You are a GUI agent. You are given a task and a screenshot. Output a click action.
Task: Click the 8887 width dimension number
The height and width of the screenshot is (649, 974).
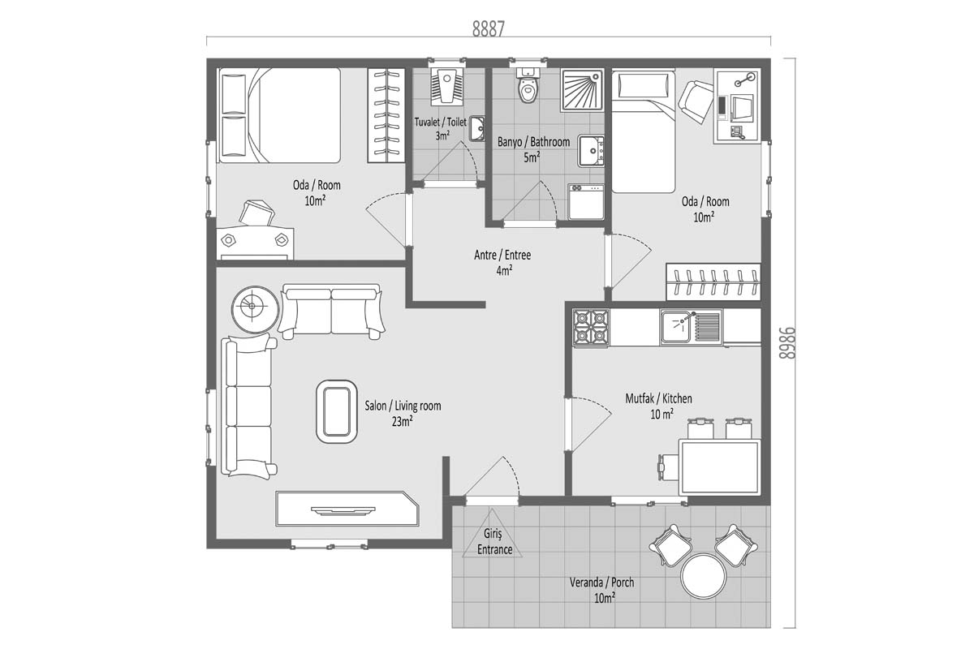(489, 28)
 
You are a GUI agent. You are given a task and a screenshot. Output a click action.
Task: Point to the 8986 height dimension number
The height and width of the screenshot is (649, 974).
(787, 343)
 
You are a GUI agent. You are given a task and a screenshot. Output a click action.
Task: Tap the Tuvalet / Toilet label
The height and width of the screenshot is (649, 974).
(440, 122)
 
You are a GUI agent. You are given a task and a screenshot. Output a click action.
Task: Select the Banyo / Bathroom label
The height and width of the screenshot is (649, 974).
(533, 142)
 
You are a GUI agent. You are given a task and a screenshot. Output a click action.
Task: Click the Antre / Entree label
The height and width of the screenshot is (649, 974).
(502, 255)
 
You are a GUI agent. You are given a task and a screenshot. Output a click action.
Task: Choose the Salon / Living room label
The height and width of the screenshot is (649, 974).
(403, 406)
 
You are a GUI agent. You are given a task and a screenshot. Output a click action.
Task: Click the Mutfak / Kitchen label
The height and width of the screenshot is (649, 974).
(658, 398)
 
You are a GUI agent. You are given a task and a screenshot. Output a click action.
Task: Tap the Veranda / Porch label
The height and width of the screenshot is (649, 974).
(601, 582)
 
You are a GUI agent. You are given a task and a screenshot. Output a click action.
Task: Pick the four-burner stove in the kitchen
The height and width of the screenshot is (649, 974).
(591, 328)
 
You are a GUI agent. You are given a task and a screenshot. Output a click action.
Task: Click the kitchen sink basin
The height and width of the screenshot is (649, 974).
(675, 327)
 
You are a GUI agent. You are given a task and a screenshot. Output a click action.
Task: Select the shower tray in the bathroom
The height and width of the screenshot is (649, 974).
(582, 89)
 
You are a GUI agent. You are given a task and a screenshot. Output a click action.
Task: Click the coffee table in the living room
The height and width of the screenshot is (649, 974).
(337, 411)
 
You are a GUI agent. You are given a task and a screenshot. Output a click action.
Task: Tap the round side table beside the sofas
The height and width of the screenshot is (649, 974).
(254, 309)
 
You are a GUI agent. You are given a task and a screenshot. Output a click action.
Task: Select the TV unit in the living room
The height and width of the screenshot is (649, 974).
(347, 509)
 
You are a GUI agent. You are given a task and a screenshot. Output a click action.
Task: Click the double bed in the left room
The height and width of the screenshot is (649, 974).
(279, 115)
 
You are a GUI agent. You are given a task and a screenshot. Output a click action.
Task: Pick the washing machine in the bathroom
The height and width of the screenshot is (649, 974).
(586, 201)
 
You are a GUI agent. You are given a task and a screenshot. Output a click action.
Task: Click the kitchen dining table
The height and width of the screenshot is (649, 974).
(720, 466)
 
